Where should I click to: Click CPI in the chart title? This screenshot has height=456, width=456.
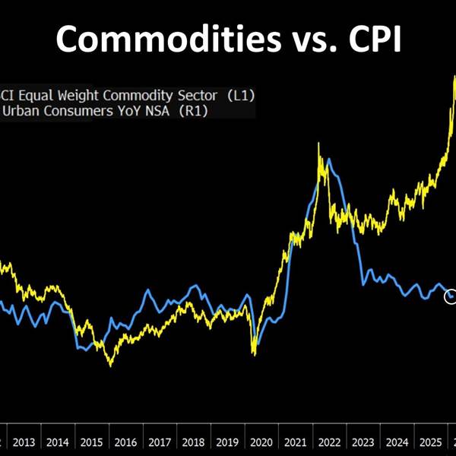(x=369, y=40)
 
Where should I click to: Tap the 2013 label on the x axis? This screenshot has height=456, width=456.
(x=24, y=442)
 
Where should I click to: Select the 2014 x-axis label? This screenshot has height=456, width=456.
(x=58, y=442)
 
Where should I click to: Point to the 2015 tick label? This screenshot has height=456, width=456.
(x=91, y=442)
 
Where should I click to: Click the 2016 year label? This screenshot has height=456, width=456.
(x=125, y=442)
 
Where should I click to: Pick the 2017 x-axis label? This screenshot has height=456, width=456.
(x=159, y=442)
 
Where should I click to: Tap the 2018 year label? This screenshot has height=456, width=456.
(x=193, y=442)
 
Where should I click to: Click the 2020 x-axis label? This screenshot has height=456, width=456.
(x=261, y=442)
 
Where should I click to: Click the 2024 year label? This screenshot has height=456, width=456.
(x=396, y=442)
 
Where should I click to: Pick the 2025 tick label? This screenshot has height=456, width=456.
(x=429, y=442)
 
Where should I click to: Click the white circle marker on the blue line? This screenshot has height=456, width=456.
(x=451, y=296)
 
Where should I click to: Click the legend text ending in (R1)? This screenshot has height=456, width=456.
(x=106, y=111)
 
